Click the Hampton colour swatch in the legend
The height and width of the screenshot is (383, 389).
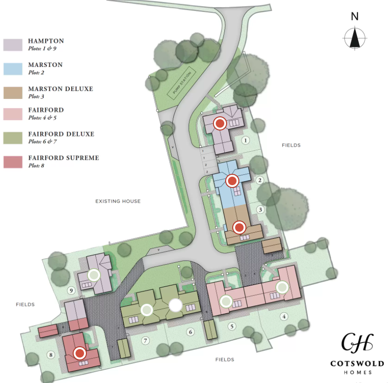click(x=14, y=44)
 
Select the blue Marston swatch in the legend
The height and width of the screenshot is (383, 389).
click(x=14, y=68)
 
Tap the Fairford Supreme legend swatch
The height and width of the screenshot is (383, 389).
click(x=14, y=161)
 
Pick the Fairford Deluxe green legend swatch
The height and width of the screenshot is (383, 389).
click(x=14, y=138)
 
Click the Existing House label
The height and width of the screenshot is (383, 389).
click(x=118, y=201)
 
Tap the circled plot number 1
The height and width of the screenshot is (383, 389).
click(x=245, y=140)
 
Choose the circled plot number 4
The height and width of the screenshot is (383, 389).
click(x=284, y=316)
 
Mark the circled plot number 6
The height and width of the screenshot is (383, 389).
click(x=191, y=332)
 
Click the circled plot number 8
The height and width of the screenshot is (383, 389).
click(x=49, y=355)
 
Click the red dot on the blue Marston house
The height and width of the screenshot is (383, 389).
click(x=232, y=180)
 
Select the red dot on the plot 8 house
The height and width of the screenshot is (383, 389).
click(x=80, y=352)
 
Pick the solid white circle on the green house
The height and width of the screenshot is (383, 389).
click(x=175, y=306)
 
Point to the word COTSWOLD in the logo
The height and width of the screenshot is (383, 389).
click(x=357, y=363)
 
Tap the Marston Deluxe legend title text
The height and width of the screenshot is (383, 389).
click(x=60, y=89)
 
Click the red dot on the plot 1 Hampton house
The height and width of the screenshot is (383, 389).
click(x=220, y=123)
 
